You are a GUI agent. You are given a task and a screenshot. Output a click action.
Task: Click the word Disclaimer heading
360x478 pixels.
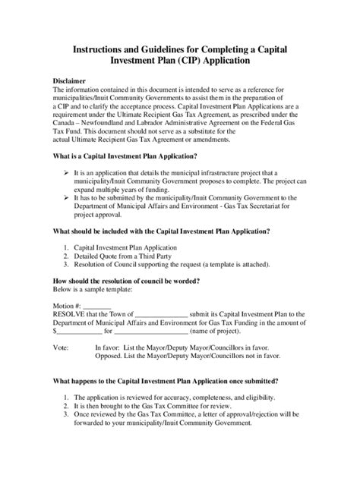(71, 80)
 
